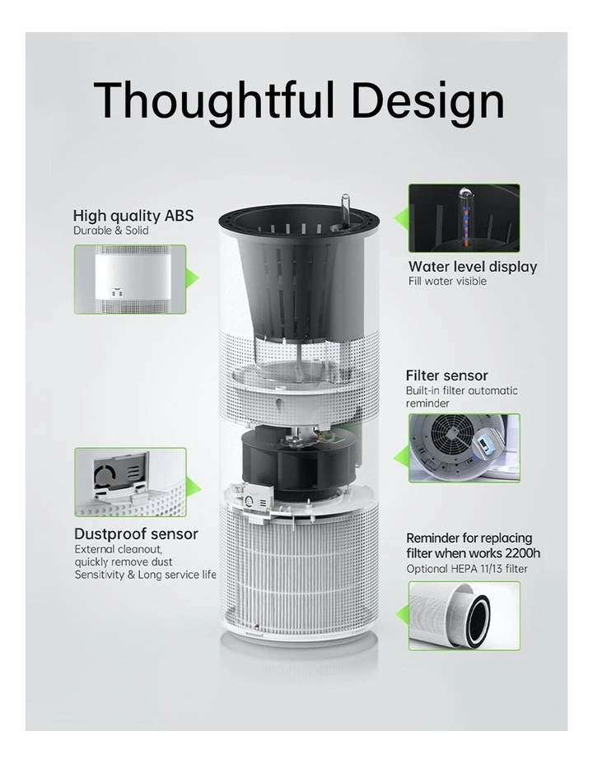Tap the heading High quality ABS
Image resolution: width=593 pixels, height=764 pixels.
coord(133,216)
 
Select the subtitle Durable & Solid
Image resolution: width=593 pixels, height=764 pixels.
coord(111,231)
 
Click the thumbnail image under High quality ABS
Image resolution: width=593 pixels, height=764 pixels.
coord(130,279)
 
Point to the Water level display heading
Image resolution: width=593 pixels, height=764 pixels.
coord(473,267)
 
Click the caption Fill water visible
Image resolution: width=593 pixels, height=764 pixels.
coord(447,282)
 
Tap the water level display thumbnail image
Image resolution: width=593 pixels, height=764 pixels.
coord(465,217)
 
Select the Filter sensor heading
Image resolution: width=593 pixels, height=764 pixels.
coord(447,376)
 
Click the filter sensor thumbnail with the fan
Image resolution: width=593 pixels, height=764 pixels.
coord(465,447)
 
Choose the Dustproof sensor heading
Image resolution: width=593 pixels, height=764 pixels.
coord(136,533)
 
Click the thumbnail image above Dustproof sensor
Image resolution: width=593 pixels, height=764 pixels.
coord(130,482)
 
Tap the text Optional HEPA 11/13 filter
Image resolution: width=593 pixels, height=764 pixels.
coord(467,569)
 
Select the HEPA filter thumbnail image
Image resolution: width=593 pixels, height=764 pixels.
coord(465,615)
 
